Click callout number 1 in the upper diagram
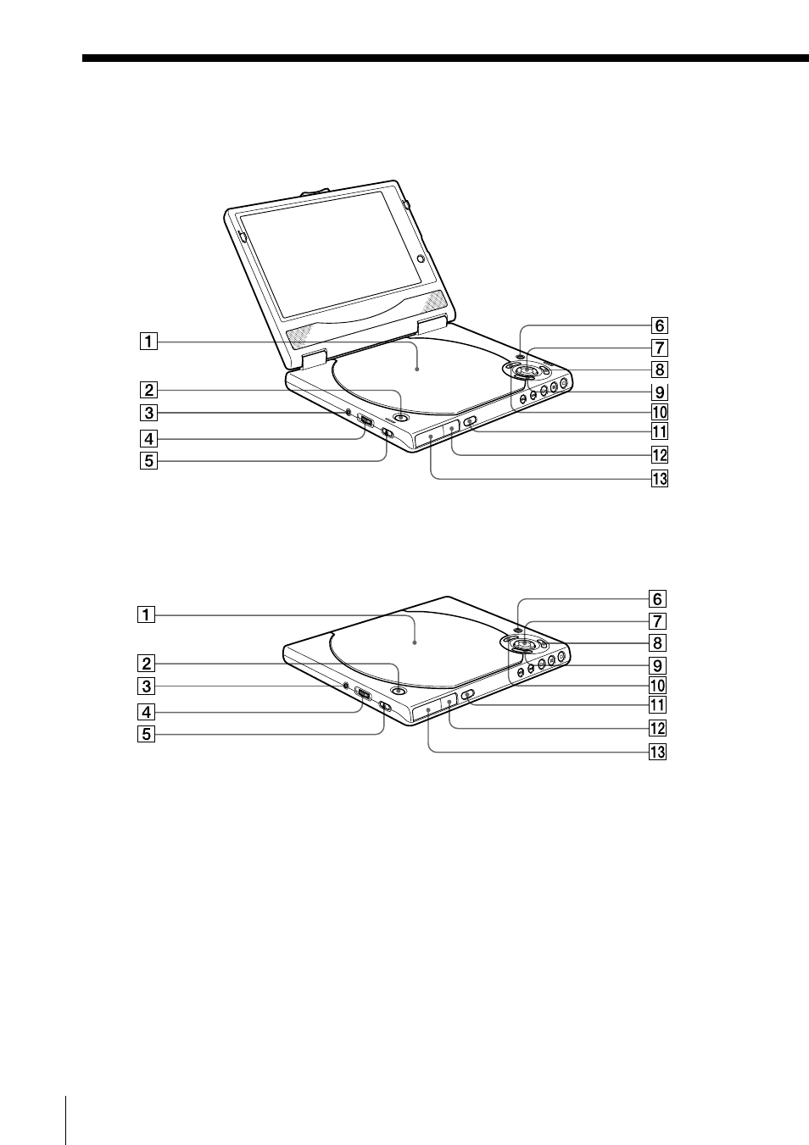coord(148,341)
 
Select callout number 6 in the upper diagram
coord(660,325)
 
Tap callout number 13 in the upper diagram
coord(660,479)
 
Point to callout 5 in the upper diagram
coord(148,461)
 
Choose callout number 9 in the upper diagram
coord(660,392)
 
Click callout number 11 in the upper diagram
coord(660,432)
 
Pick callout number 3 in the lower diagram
coord(146,686)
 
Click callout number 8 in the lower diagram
coord(658,643)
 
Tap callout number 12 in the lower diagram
coord(658,728)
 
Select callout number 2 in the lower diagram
coord(146,664)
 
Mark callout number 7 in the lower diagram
coord(658,621)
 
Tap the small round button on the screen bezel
coord(421,259)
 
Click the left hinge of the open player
coord(314,359)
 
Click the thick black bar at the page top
coord(445,58)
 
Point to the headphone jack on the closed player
coord(346,685)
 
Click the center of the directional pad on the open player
coord(525,369)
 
